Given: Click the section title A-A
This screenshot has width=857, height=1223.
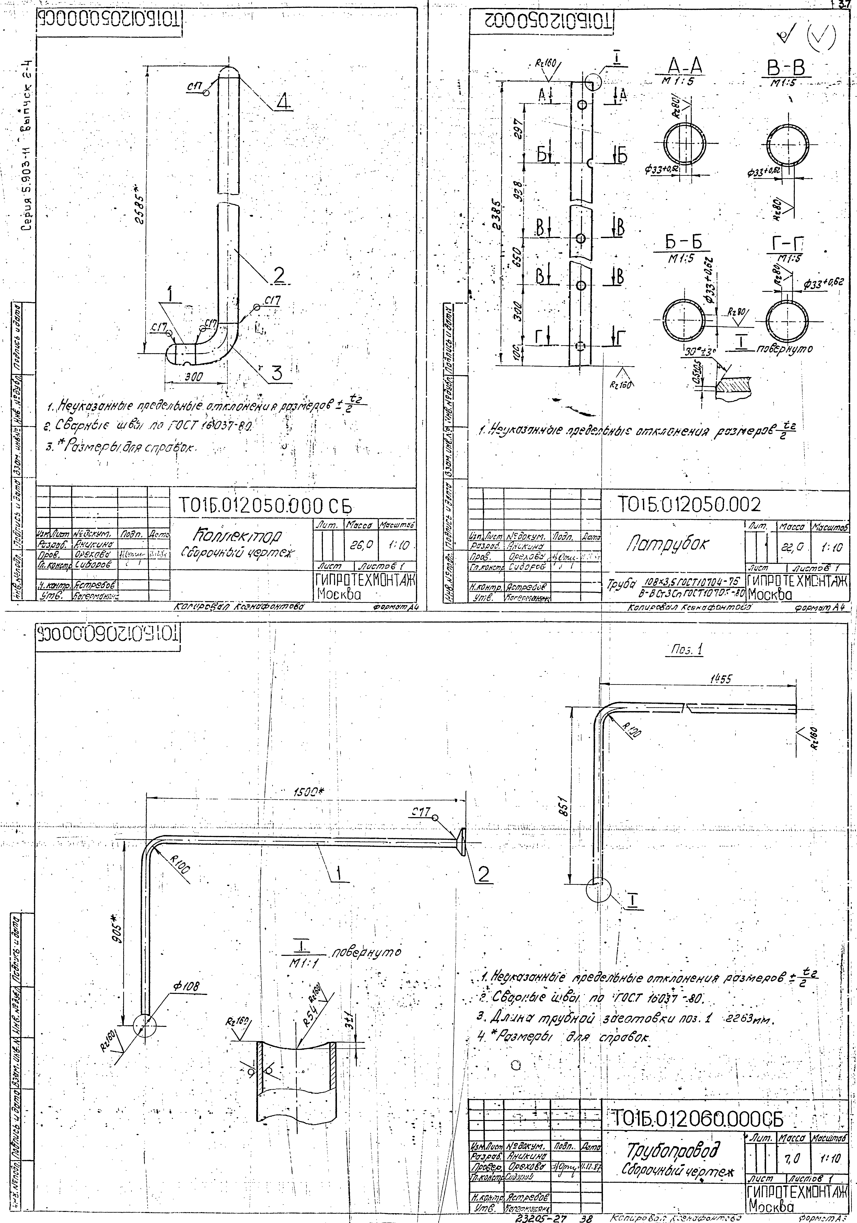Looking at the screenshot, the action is coord(685,68).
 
